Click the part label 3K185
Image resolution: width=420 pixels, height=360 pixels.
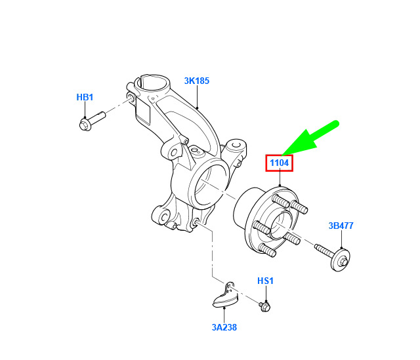[x=197, y=81]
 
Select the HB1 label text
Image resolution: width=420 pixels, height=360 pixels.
[x=85, y=97]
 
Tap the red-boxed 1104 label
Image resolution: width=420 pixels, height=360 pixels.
[x=280, y=163]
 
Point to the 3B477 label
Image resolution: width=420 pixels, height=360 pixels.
[x=341, y=226]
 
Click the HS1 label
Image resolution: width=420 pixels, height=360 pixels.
[x=265, y=281]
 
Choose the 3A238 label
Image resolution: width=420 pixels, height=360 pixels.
[x=224, y=327]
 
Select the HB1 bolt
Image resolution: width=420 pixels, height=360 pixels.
[x=93, y=121]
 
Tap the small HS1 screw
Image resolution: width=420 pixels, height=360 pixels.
[x=264, y=306]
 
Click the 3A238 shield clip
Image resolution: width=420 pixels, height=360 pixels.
[x=225, y=297]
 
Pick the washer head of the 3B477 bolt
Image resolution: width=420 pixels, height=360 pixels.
[x=341, y=260]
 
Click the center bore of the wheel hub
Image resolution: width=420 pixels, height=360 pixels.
[x=280, y=225]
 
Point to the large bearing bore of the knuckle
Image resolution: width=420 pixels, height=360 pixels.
[x=209, y=185]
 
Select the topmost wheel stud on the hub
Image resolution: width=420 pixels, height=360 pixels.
[x=280, y=201]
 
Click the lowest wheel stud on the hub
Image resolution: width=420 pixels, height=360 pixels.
[x=267, y=250]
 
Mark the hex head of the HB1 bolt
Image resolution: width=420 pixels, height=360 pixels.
[x=85, y=125]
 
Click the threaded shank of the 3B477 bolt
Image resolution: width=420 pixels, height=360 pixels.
[x=324, y=249]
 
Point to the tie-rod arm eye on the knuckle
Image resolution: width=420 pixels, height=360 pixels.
[x=236, y=146]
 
